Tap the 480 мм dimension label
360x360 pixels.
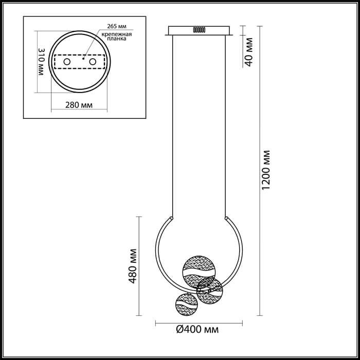133,266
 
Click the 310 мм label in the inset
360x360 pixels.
41,62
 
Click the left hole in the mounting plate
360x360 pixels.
67,62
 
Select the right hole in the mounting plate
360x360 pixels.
93,62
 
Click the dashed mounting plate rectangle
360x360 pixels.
79,62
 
